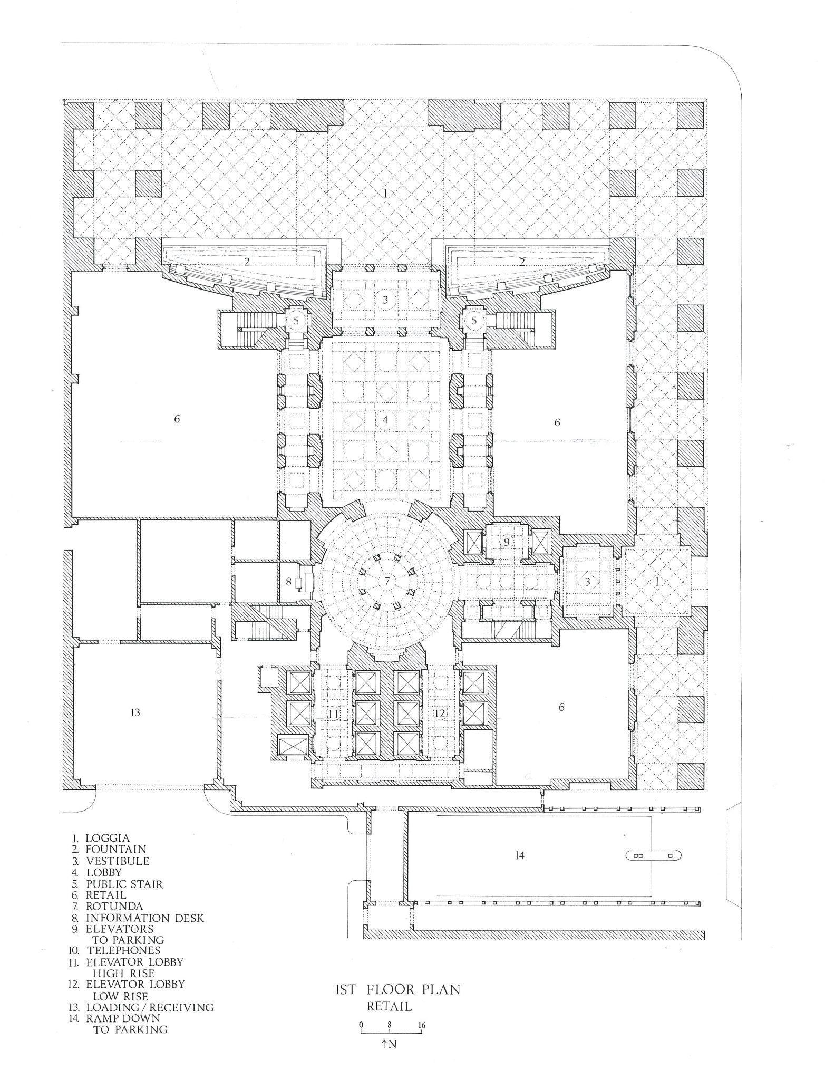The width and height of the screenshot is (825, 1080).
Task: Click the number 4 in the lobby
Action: (x=385, y=420)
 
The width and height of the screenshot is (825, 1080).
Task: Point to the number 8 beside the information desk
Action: (x=288, y=582)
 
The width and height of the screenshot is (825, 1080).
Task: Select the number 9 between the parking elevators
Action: (x=506, y=542)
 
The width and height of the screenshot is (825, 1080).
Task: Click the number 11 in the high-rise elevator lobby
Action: (x=333, y=714)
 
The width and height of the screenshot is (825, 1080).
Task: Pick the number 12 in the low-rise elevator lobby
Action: (x=440, y=713)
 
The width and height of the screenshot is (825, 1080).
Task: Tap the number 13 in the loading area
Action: (x=135, y=712)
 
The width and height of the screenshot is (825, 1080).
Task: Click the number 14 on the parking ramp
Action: (x=520, y=855)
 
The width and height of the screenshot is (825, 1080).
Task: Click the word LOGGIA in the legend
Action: (x=108, y=838)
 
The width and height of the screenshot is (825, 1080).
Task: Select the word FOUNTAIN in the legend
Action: (x=116, y=850)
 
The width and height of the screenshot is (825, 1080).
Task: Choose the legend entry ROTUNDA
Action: (x=114, y=907)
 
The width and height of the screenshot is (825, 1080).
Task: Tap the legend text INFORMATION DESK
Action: (x=145, y=918)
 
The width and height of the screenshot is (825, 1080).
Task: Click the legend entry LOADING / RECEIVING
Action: (x=150, y=1008)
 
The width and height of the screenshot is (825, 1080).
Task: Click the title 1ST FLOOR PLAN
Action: (x=397, y=990)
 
